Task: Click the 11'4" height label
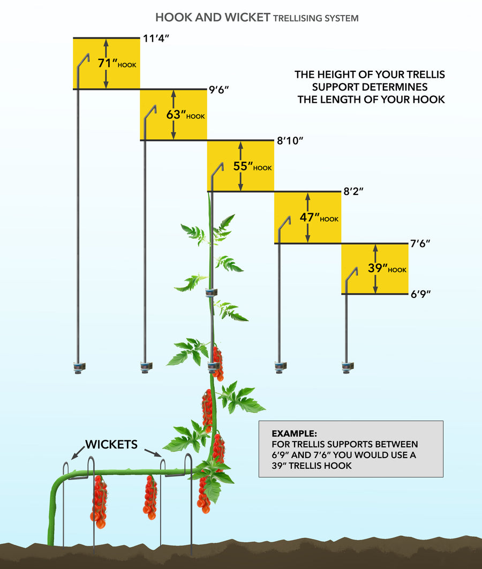[x=156, y=39]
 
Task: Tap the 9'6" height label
[x=219, y=89]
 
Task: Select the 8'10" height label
[x=290, y=141]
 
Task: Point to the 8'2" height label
[x=353, y=192]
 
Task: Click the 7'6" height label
[x=420, y=243]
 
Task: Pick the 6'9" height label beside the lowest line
[x=420, y=294]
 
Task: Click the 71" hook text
[x=117, y=63]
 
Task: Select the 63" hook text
[x=185, y=115]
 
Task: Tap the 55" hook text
[x=252, y=166]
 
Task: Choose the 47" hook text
[x=319, y=218]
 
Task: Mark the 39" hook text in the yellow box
[x=387, y=268]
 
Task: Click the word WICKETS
[x=111, y=445]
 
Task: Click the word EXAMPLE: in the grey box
[x=294, y=433]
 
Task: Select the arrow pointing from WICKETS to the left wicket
[x=78, y=454]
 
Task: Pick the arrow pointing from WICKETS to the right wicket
[x=153, y=453]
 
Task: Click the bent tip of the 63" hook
[x=154, y=107]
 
